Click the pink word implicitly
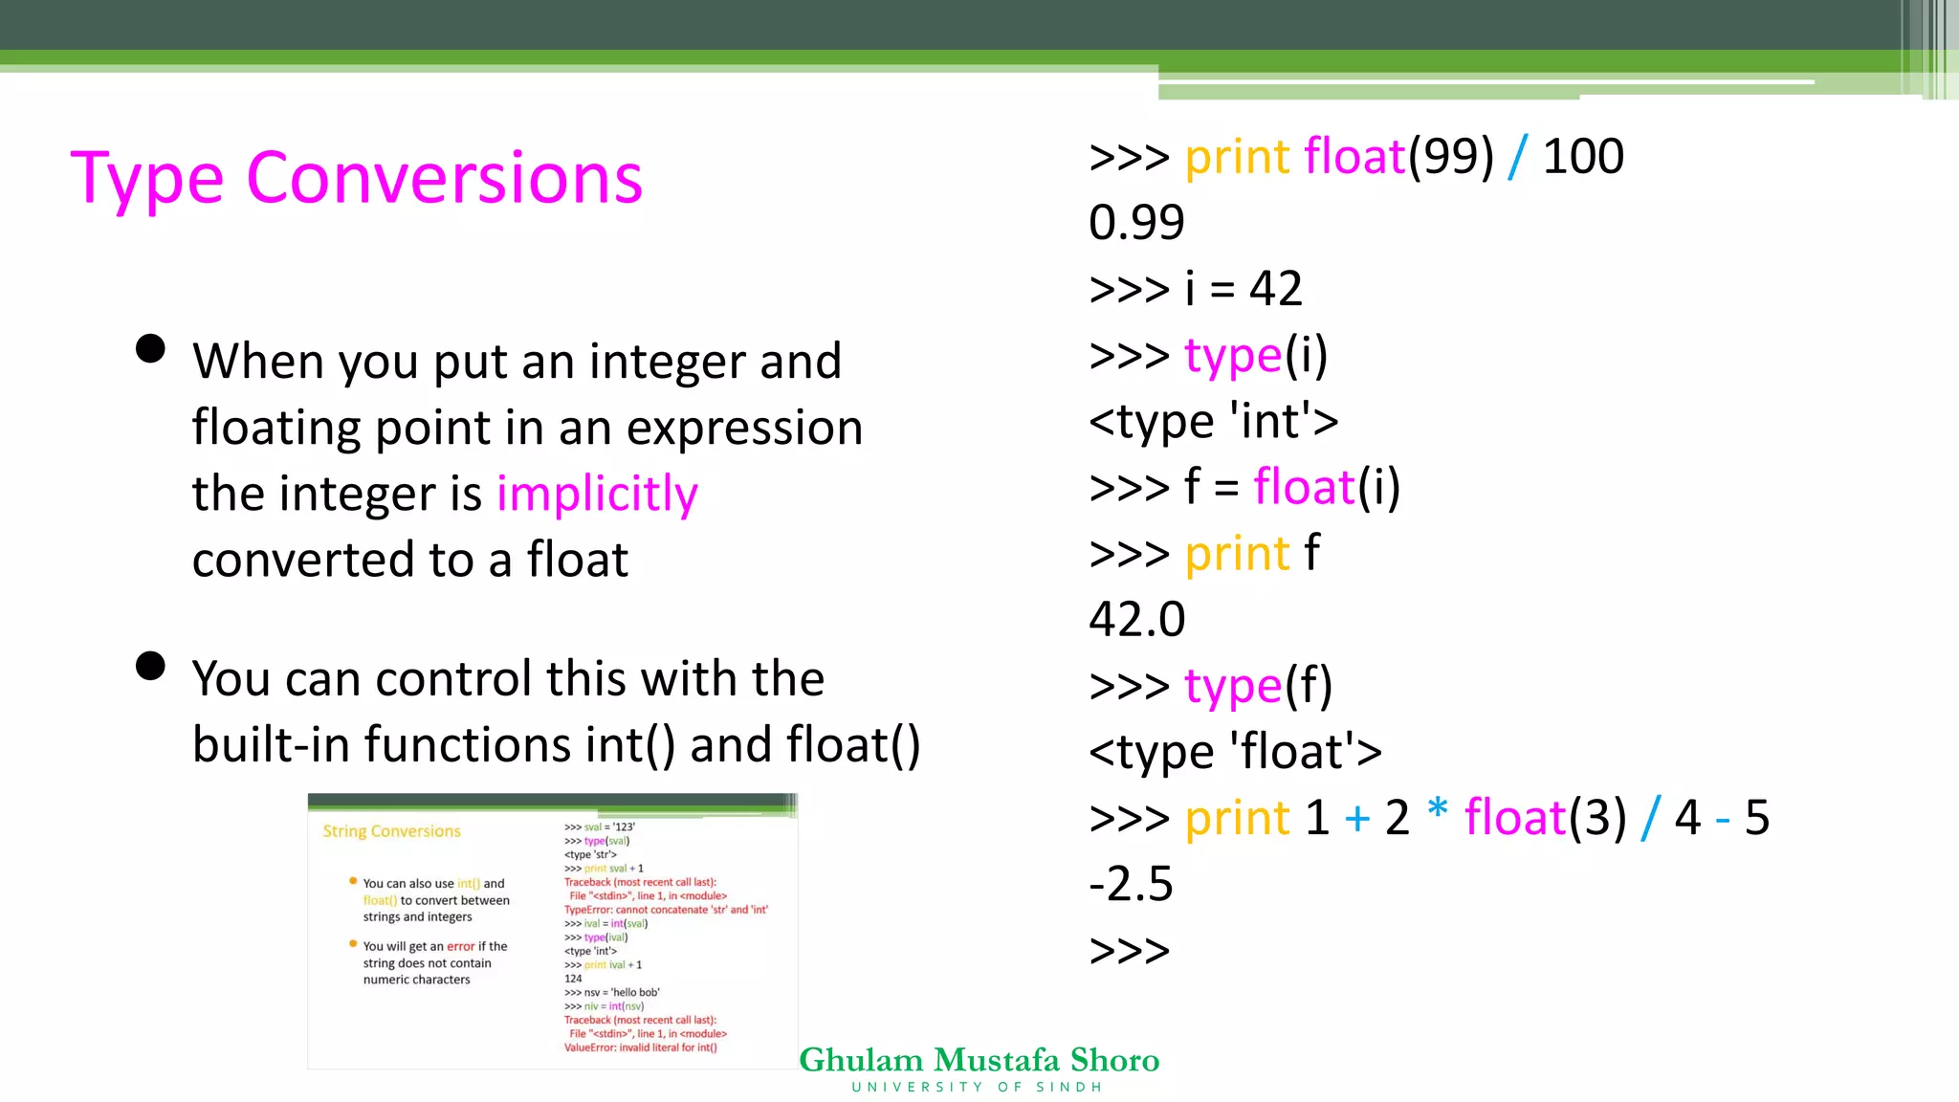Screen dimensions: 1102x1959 pos(597,494)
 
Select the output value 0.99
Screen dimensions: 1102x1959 pos(1136,222)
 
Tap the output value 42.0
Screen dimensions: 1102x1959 pos(1136,619)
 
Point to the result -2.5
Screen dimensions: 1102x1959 pos(1131,883)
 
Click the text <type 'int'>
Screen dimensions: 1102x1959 pos(1213,421)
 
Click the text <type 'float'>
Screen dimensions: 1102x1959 pos(1235,751)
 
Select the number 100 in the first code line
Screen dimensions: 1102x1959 pos(1583,156)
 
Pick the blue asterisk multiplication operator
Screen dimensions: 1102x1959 pos(1437,811)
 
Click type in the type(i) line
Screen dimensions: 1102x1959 pos(1232,356)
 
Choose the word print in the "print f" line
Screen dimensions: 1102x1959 pos(1238,554)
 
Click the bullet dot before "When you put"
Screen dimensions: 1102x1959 pos(150,348)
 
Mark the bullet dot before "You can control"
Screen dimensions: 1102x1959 pos(150,666)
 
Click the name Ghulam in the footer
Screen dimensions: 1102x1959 pos(861,1060)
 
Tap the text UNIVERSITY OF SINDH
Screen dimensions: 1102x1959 pos(977,1088)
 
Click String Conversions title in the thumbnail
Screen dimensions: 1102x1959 pos(391,831)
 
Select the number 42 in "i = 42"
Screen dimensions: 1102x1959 pos(1275,288)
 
